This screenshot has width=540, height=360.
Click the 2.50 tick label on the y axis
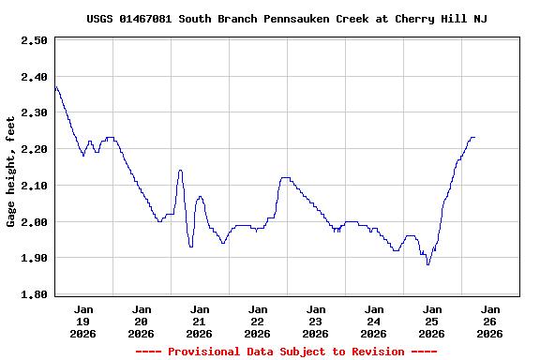(34, 41)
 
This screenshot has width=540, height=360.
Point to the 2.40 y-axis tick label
(34, 78)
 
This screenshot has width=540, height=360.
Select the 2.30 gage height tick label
(34, 113)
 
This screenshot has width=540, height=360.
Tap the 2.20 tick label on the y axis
(34, 150)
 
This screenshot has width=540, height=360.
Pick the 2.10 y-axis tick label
(34, 186)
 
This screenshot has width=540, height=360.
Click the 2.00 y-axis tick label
(34, 222)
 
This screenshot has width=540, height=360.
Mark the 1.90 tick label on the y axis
(34, 258)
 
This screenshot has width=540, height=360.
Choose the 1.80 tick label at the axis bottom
(34, 294)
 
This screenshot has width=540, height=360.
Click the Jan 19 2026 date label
(83, 321)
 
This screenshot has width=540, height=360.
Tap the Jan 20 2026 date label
(142, 321)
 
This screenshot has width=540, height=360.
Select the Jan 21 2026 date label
(200, 321)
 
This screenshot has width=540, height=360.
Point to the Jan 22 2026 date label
(258, 321)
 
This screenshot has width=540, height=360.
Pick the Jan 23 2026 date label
(316, 321)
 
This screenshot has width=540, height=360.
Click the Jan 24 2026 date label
(374, 321)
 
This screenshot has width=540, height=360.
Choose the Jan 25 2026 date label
(432, 321)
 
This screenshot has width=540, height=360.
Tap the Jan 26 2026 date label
(490, 321)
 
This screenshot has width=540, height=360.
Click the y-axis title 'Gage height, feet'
(11, 172)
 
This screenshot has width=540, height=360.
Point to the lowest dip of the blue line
(428, 264)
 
